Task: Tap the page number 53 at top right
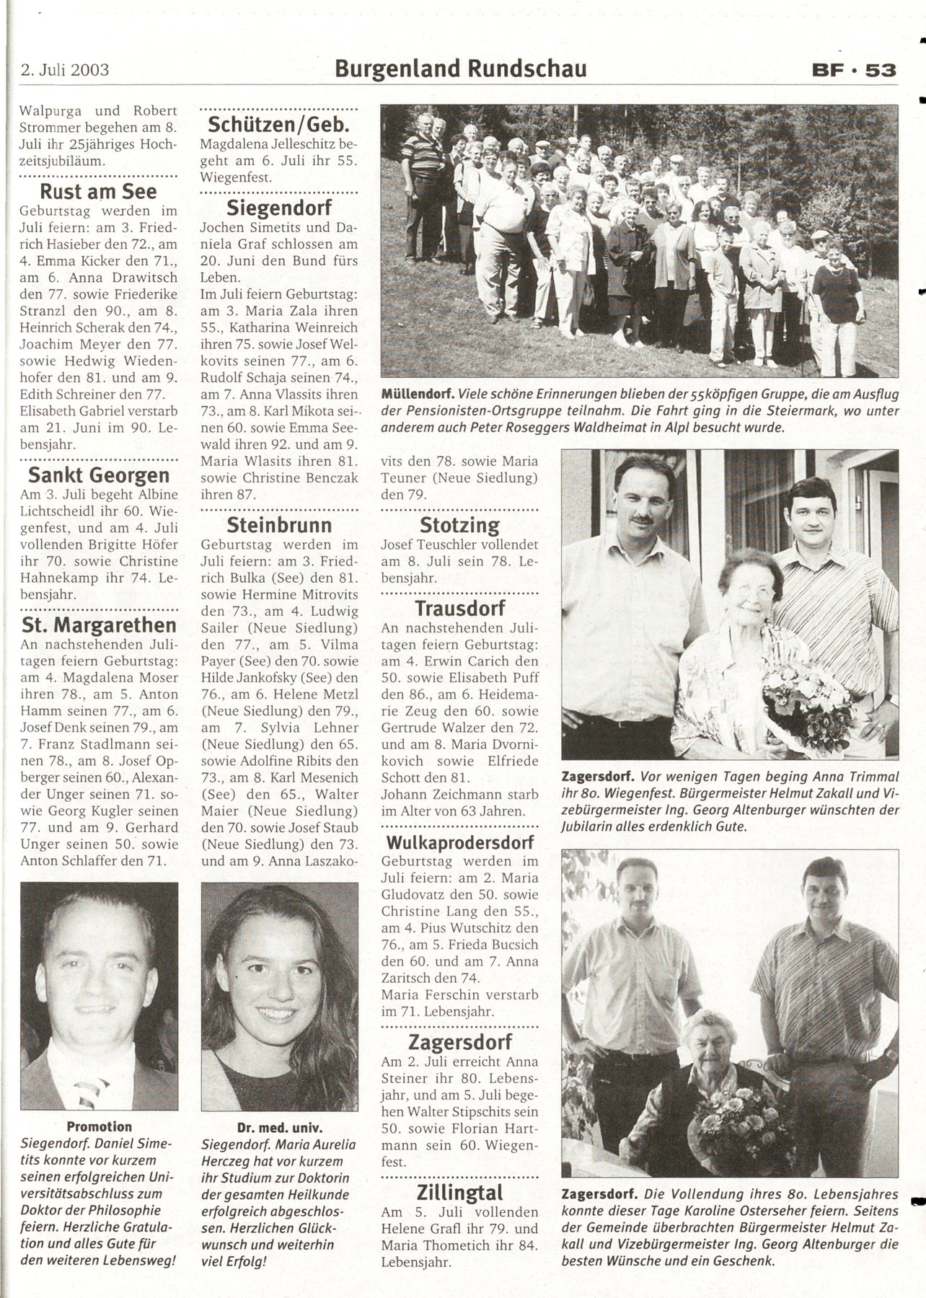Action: pyautogui.click(x=881, y=70)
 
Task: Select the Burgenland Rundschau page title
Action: pyautogui.click(x=461, y=69)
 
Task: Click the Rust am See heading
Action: pyautogui.click(x=99, y=192)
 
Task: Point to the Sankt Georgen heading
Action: pyautogui.click(x=99, y=475)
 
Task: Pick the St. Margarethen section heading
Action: pyautogui.click(x=99, y=624)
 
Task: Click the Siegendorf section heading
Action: pyautogui.click(x=279, y=208)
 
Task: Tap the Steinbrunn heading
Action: pyautogui.click(x=279, y=524)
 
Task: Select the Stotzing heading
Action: pyautogui.click(x=459, y=524)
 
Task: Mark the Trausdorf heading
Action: pyautogui.click(x=459, y=607)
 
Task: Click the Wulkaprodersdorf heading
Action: pyautogui.click(x=459, y=842)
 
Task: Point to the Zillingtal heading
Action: pyautogui.click(x=459, y=1192)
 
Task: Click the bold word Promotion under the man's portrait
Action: pyautogui.click(x=100, y=1126)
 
